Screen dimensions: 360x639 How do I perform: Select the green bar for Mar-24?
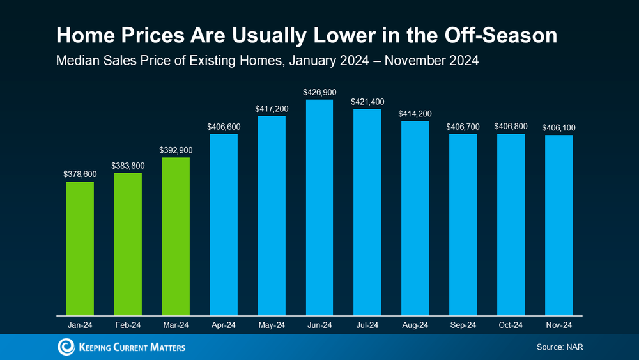click(176, 236)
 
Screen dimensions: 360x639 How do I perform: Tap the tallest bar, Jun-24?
click(319, 207)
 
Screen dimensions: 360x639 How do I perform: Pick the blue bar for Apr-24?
click(224, 224)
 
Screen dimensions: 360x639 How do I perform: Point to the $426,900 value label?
click(319, 91)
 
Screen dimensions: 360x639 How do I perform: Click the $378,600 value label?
click(80, 173)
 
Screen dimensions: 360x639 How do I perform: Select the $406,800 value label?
click(511, 126)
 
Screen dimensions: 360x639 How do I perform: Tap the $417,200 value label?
click(272, 109)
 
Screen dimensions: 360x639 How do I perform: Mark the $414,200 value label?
click(415, 114)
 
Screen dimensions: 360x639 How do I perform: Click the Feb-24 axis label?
click(128, 325)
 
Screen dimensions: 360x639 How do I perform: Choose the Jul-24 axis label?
click(367, 325)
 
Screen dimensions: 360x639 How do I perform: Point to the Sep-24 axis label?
click(463, 325)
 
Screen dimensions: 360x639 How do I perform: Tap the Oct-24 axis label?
click(511, 325)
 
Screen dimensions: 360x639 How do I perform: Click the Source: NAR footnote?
click(560, 347)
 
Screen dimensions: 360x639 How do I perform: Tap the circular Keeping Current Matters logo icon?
click(66, 347)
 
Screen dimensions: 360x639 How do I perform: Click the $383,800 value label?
click(128, 165)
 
